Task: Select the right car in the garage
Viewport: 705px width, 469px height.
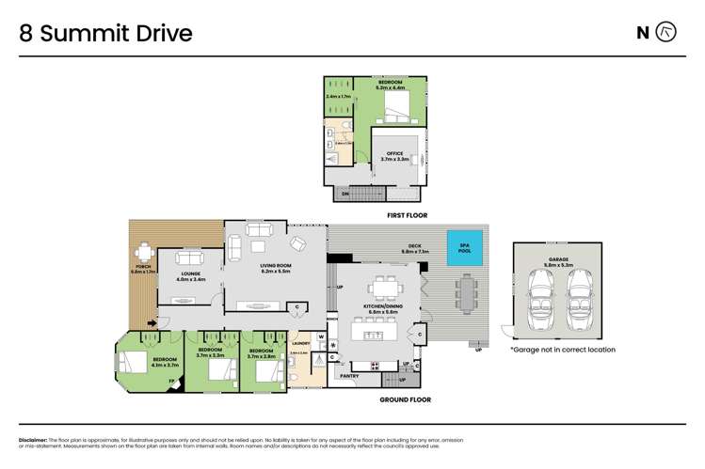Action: [x=581, y=301]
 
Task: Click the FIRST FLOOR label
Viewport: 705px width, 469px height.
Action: [x=408, y=215]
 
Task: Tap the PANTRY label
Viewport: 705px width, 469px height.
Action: [x=348, y=376]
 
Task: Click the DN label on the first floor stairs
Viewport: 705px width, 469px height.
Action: [x=344, y=194]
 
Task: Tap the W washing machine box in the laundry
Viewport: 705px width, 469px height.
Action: [x=321, y=336]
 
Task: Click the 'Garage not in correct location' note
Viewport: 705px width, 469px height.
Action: [x=563, y=350]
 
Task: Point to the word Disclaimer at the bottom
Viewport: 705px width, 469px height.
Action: [x=35, y=440]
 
